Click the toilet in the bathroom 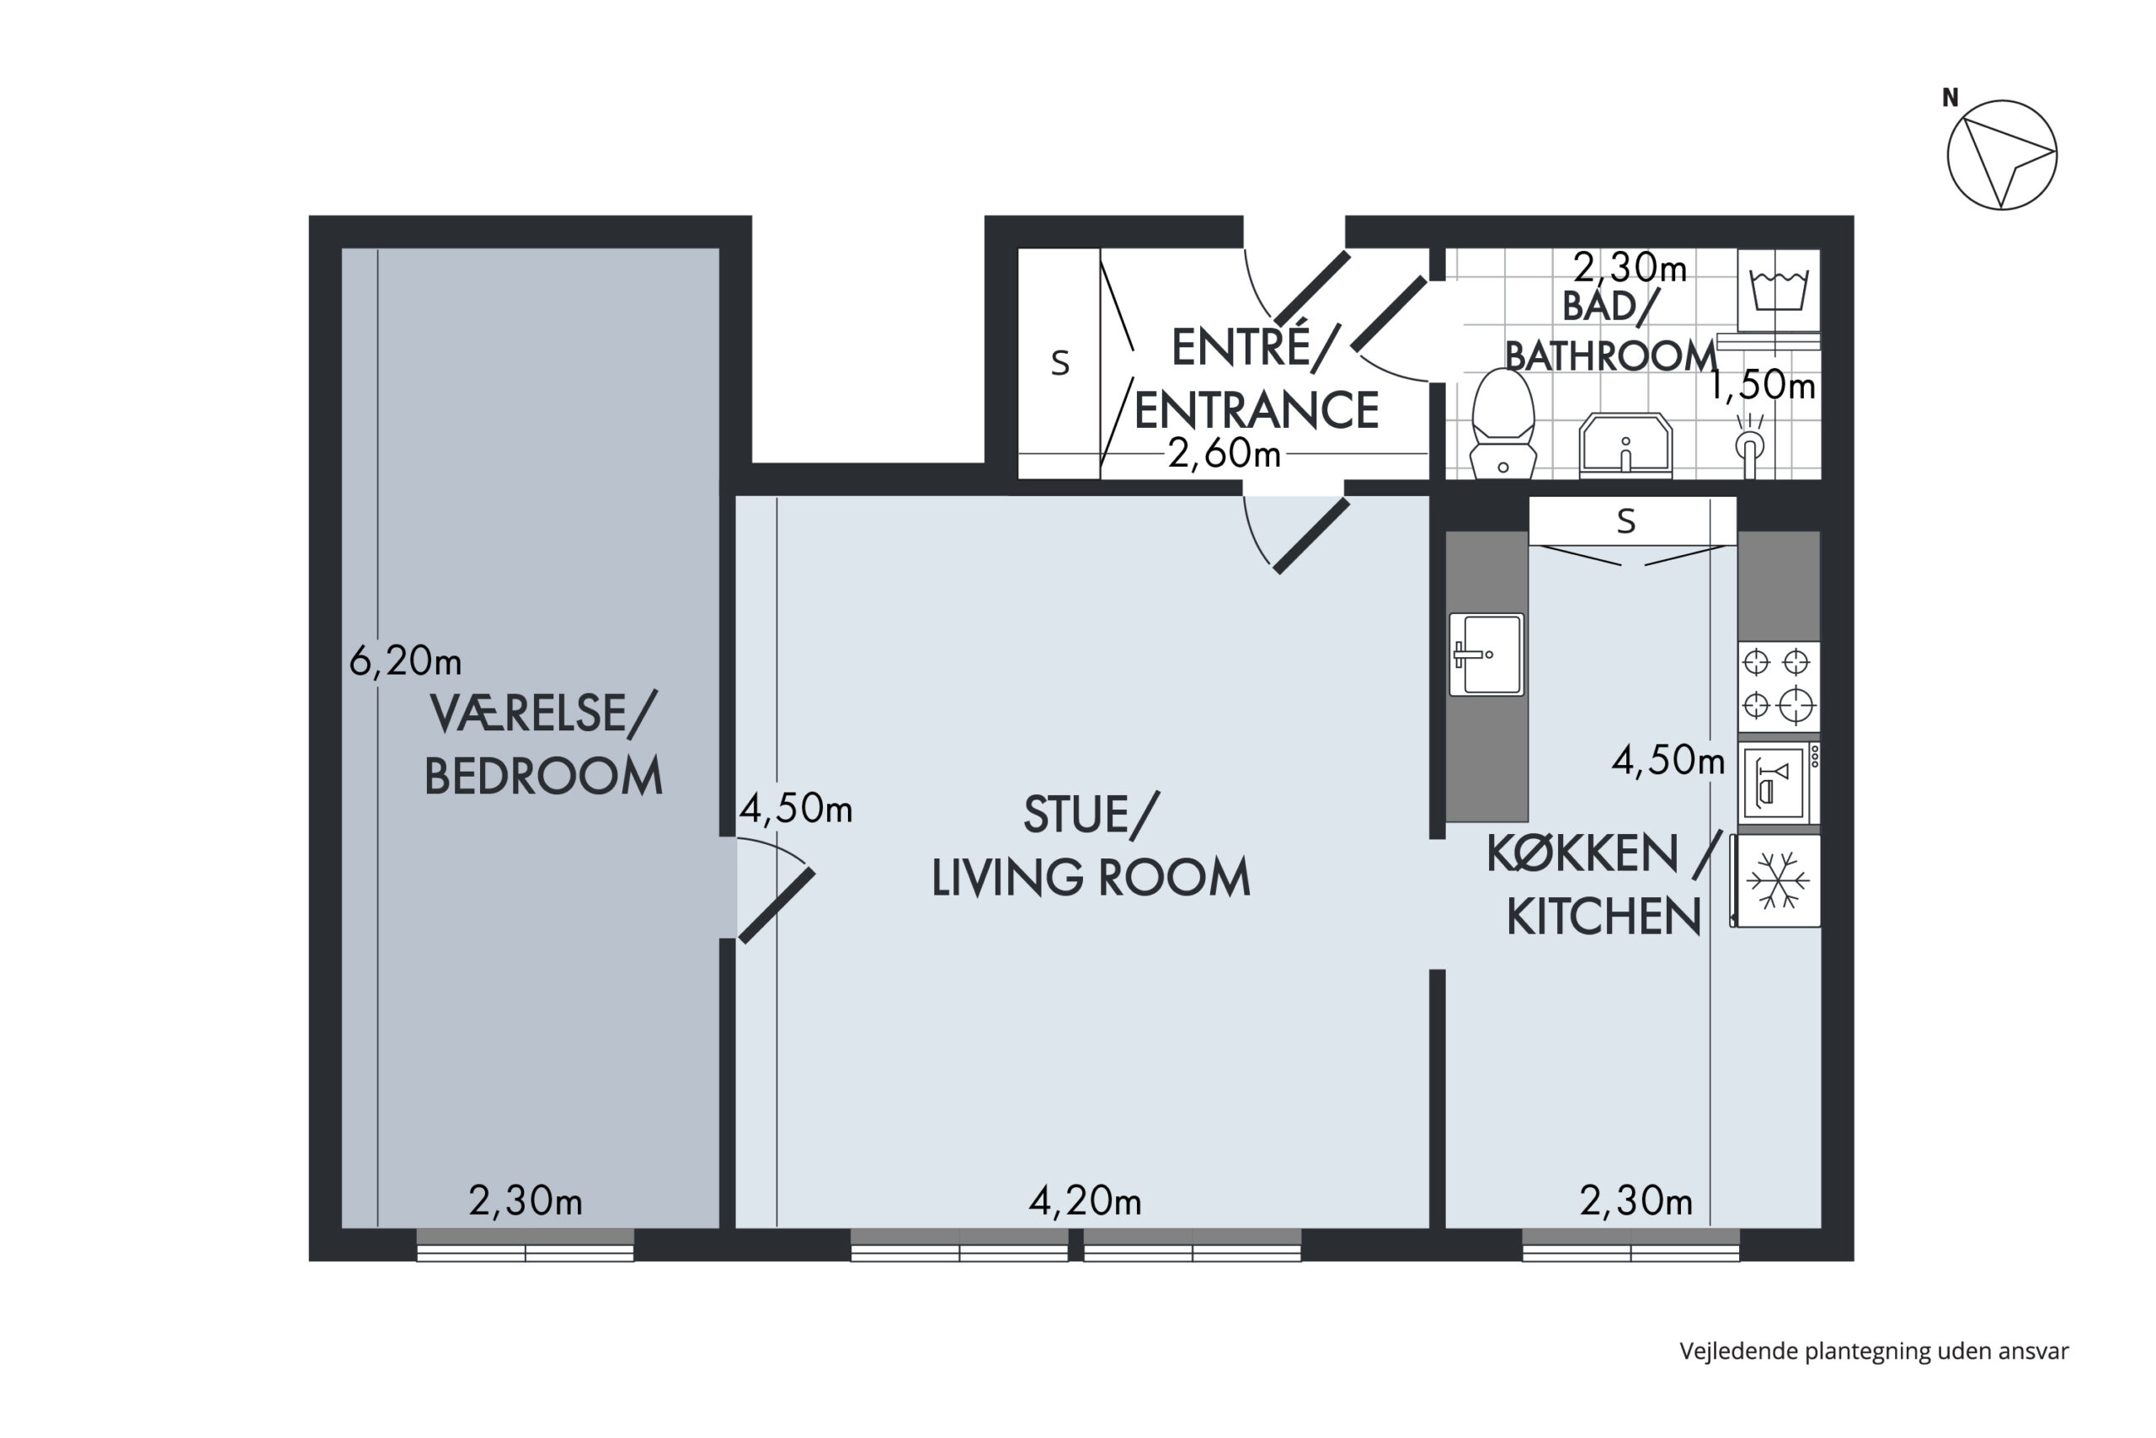(x=1502, y=424)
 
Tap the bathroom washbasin (x=1625, y=446)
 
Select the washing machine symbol (x=1779, y=290)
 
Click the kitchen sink (x=1486, y=654)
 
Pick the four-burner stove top (x=1779, y=687)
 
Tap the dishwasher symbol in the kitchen (x=1779, y=783)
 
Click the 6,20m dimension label (x=405, y=660)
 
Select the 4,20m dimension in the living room (x=1085, y=1200)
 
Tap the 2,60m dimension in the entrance (x=1224, y=453)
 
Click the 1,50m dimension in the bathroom (x=1760, y=385)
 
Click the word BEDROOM (x=542, y=776)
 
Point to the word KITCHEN (x=1604, y=917)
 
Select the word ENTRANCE (x=1257, y=410)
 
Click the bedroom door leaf (x=776, y=905)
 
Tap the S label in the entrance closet (x=1059, y=364)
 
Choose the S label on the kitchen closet (x=1626, y=521)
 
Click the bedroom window (x=526, y=1244)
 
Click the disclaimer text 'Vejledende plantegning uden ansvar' (x=1874, y=1351)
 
